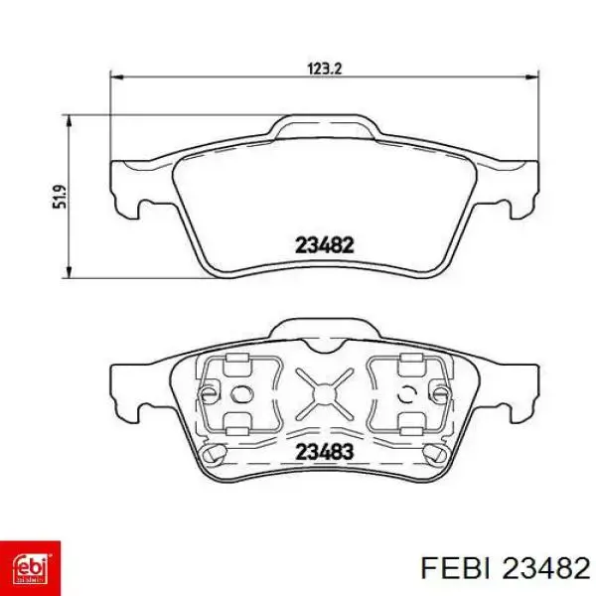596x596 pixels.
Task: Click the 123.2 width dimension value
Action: [x=325, y=69]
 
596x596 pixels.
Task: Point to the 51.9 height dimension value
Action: [x=60, y=197]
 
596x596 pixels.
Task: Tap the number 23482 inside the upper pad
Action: [x=325, y=245]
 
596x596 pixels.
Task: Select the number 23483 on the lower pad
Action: [x=325, y=452]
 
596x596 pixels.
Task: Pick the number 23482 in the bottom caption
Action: [x=545, y=568]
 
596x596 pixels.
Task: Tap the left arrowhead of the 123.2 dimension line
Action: [x=116, y=77]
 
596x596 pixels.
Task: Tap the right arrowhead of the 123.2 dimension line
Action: [x=532, y=77]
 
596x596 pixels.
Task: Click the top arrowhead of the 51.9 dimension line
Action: [x=69, y=120]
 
